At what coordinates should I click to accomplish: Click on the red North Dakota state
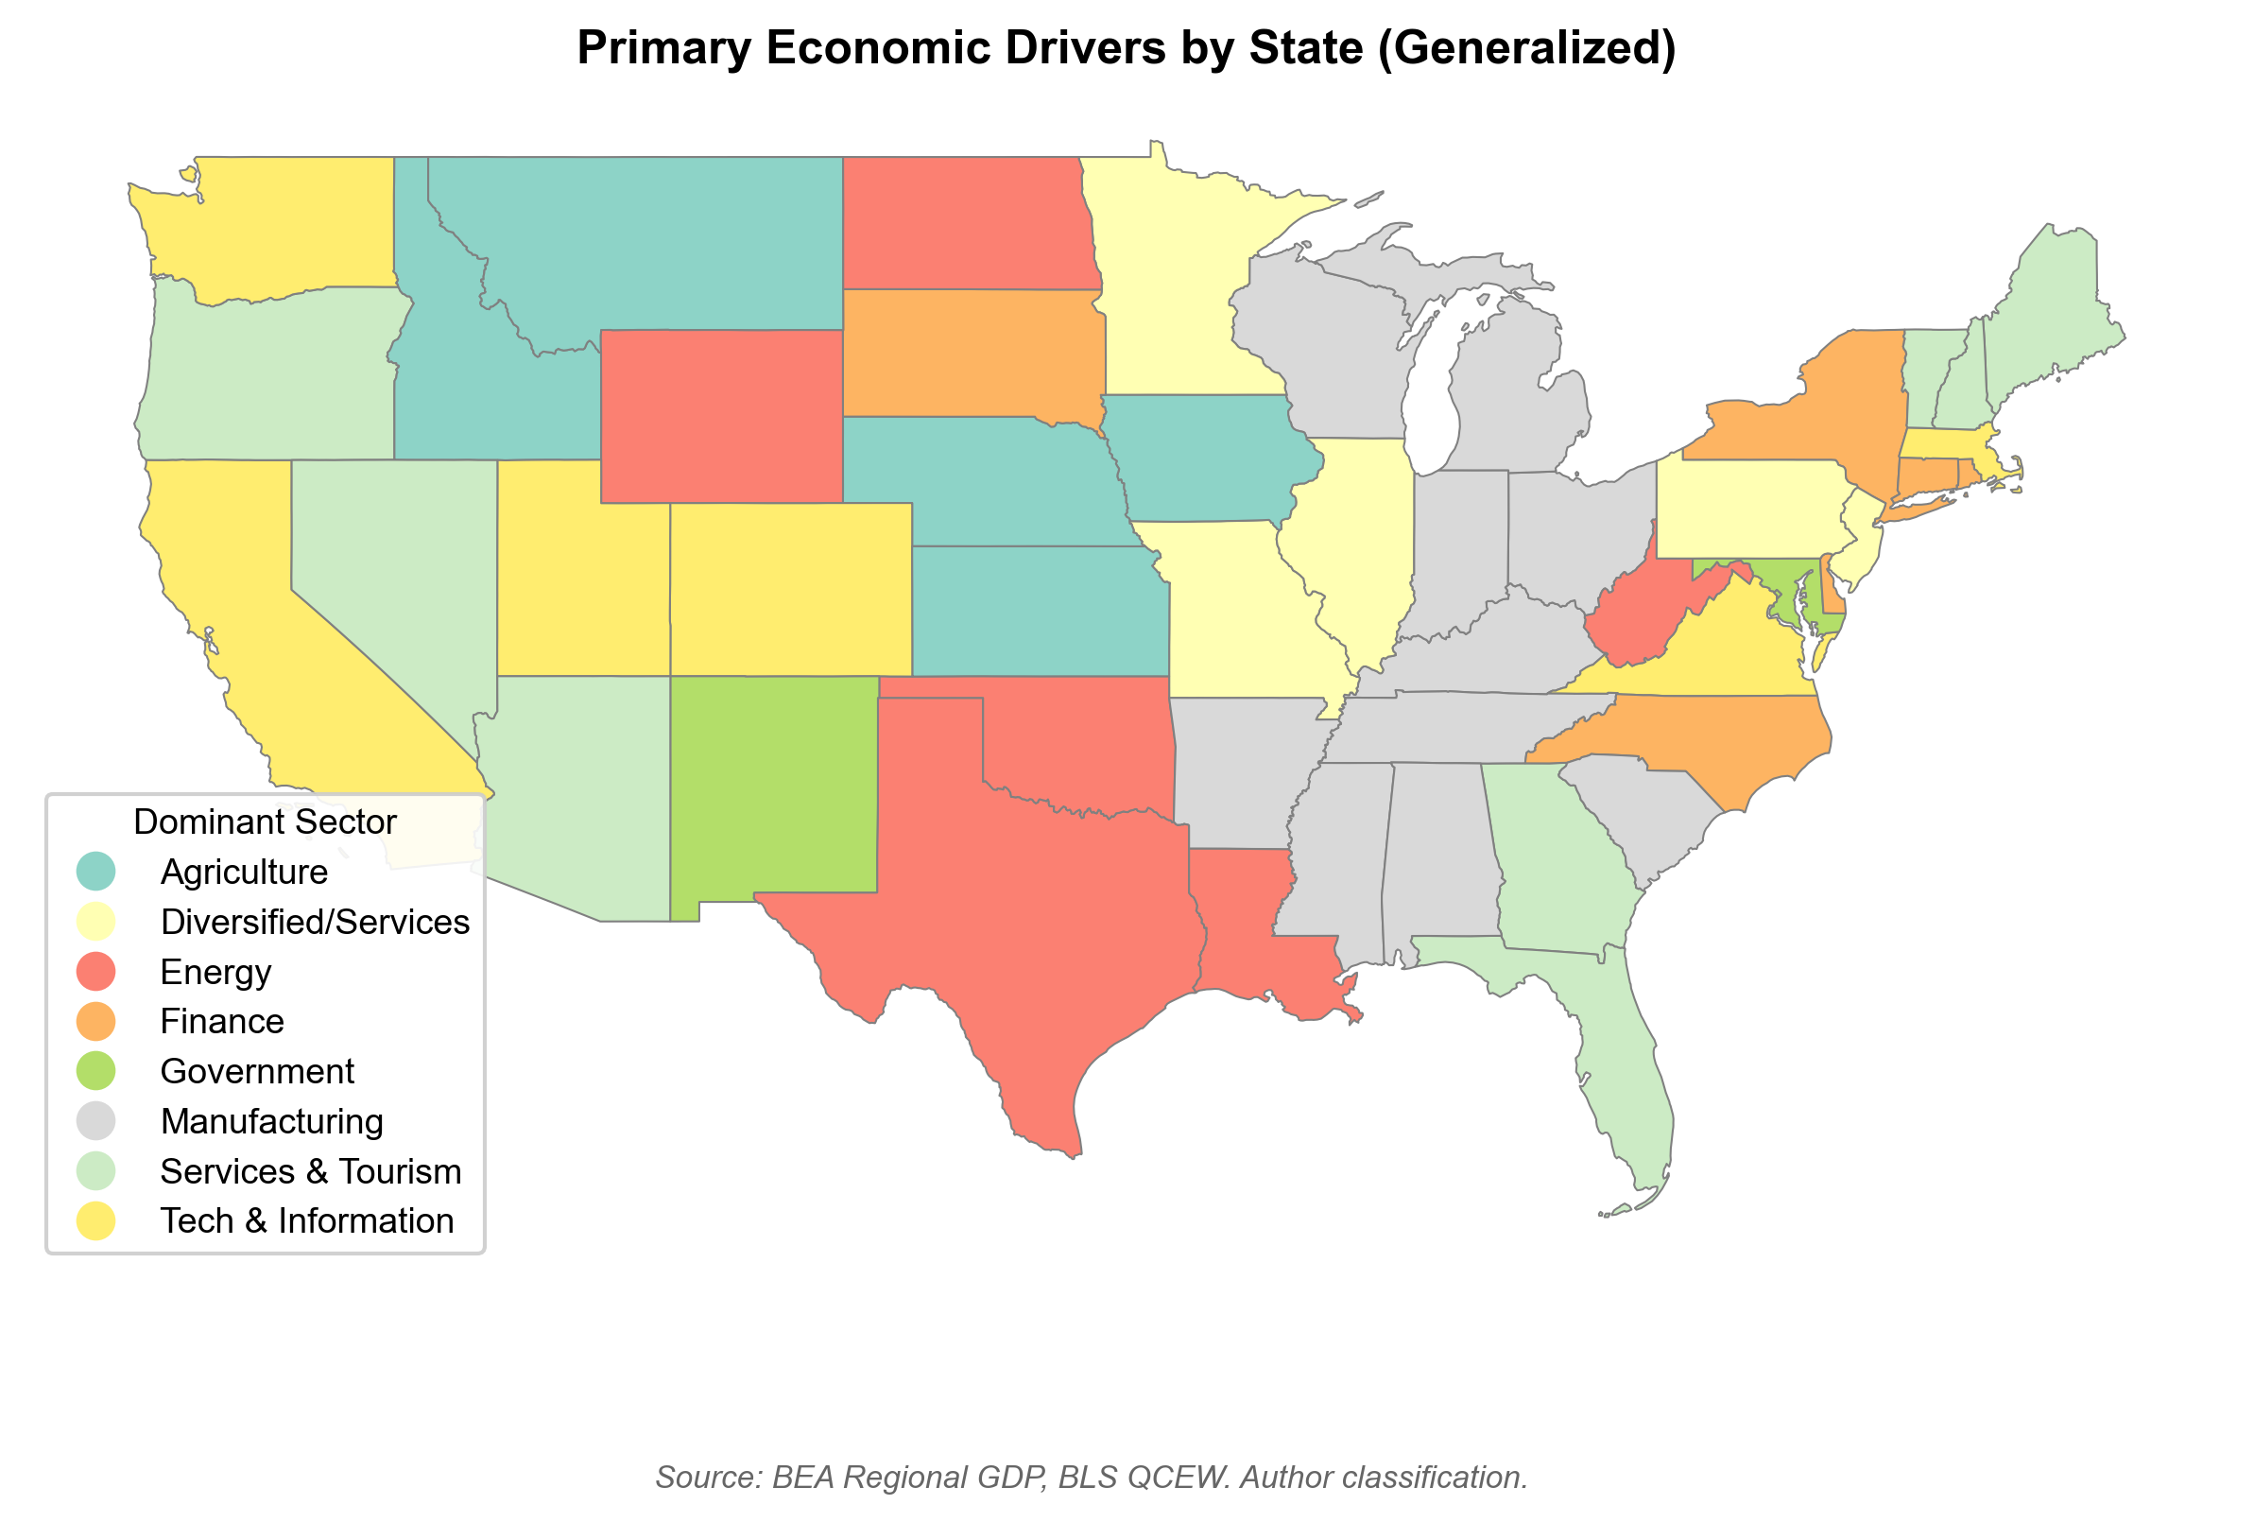coord(965,223)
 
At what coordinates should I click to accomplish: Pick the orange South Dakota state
coord(970,355)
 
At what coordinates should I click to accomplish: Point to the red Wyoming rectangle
coord(722,417)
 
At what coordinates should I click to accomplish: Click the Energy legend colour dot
coord(96,972)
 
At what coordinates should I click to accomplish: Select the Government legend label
coord(257,1072)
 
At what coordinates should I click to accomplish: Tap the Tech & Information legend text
coord(306,1221)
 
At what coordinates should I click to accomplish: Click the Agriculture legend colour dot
coord(96,872)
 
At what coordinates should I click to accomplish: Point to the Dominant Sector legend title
coord(265,822)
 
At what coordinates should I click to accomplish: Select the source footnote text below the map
coord(1092,1478)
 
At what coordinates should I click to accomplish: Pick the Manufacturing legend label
coord(271,1121)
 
